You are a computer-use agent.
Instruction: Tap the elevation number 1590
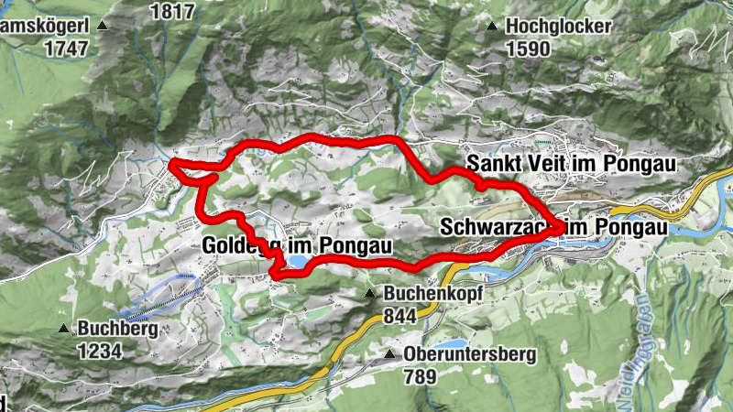coord(529,48)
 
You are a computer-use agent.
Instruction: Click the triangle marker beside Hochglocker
coord(494,27)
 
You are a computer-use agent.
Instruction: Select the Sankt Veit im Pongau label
coord(571,163)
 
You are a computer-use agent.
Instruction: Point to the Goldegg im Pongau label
coord(297,245)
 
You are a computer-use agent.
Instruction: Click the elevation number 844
coord(400,315)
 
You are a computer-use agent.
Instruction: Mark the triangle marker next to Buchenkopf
coord(369,294)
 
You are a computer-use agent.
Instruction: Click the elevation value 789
coord(421,374)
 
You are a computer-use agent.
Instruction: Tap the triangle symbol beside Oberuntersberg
coord(390,354)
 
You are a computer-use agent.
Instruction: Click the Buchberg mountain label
coord(118,329)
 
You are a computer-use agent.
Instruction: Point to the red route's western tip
coord(173,165)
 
